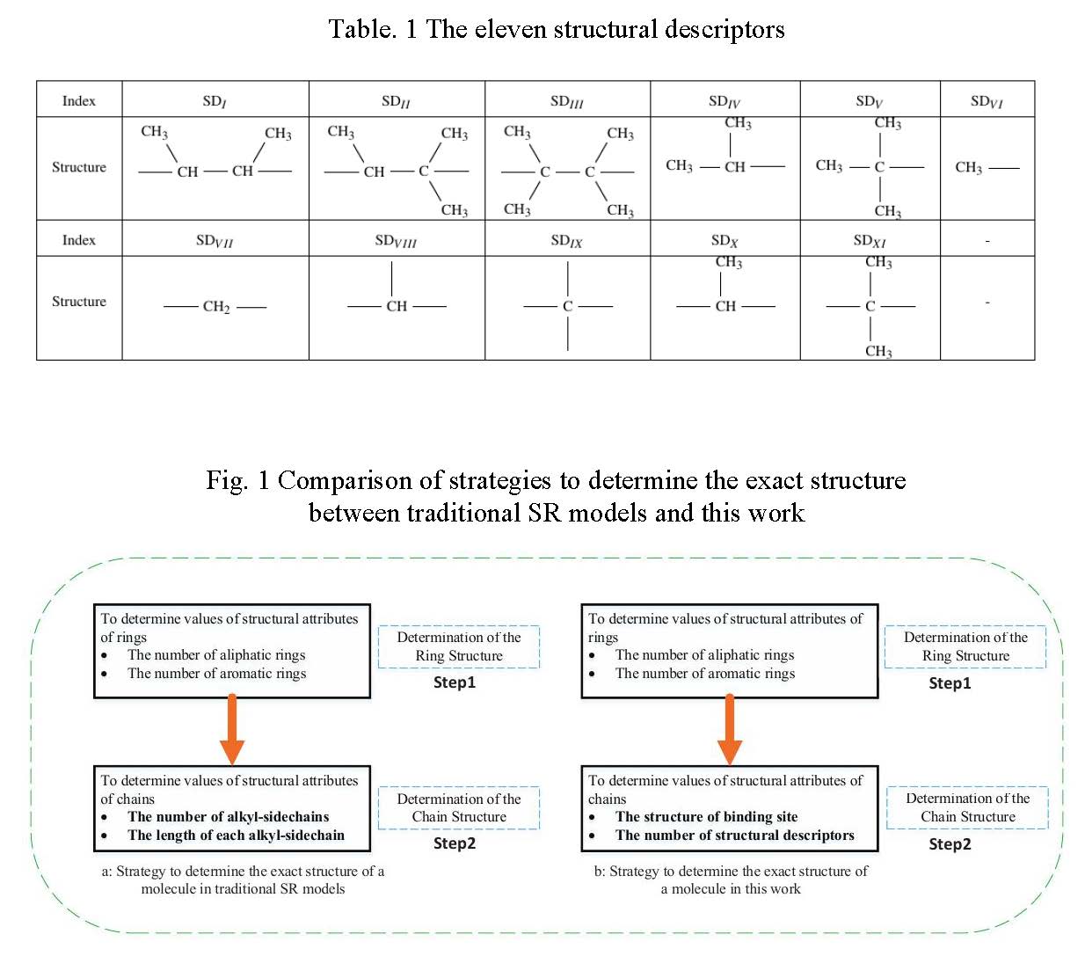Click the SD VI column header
986,101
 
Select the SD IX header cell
566,240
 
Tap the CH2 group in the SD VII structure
215,307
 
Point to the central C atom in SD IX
567,306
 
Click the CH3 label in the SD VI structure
968,167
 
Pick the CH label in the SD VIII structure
397,306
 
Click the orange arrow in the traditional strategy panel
232,729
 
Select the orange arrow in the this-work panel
729,729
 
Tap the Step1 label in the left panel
454,682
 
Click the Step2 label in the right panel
950,844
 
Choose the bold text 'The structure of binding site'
706,817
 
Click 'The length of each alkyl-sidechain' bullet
236,836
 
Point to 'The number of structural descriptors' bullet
734,836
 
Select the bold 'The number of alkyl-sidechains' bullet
228,817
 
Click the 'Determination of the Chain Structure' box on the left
458,807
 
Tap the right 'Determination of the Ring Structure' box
965,646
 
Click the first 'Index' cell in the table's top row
79,101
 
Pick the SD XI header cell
869,240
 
